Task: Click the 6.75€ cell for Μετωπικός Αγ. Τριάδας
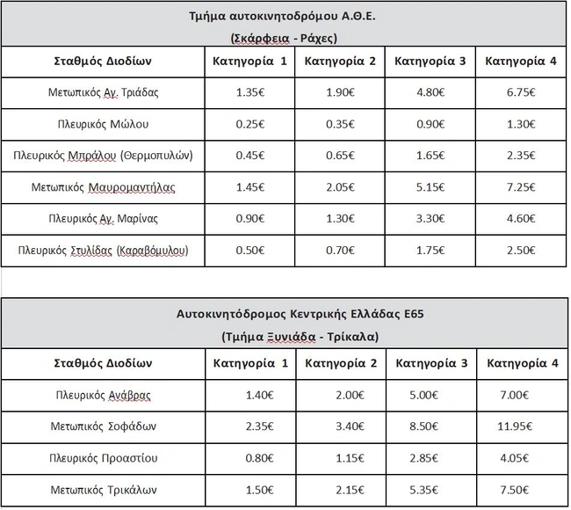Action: (522, 91)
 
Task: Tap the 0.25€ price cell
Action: (250, 124)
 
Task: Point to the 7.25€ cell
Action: (522, 188)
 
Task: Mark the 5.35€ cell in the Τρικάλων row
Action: (431, 490)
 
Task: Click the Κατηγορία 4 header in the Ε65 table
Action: (522, 362)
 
